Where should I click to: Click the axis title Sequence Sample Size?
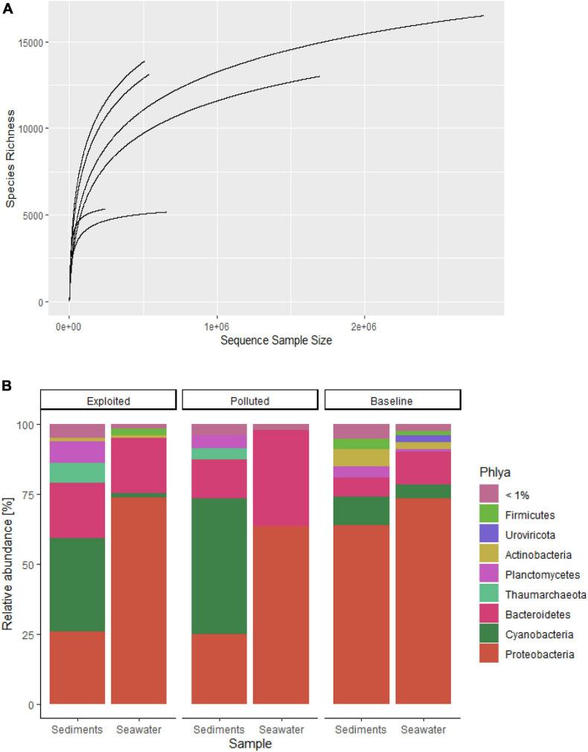[x=266, y=341]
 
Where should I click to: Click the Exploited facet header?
[x=108, y=400]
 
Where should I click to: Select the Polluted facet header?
[x=250, y=400]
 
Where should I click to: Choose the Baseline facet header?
[x=392, y=400]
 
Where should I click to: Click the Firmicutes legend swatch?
[x=489, y=514]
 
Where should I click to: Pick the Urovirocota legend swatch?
[x=489, y=534]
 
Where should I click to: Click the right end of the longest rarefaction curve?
[x=483, y=16]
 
